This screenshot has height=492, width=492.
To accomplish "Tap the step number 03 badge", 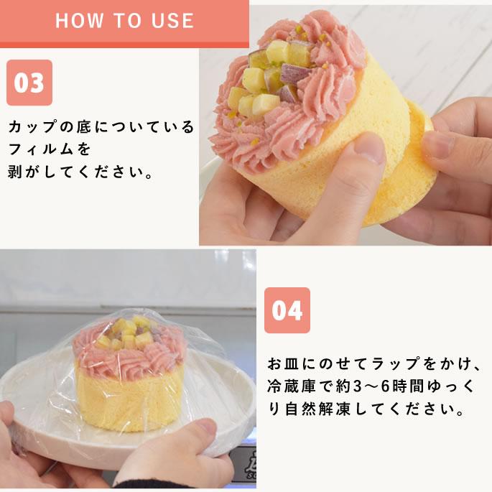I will pos(29,83).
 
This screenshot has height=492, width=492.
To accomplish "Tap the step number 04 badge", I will pos(287,310).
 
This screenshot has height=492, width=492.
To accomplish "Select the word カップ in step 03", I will pos(35,127).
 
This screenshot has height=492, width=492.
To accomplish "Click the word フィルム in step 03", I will pos(50,150).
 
